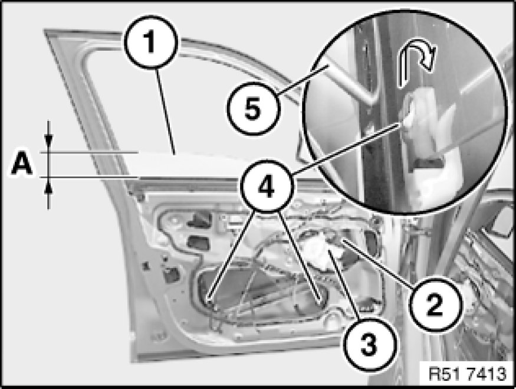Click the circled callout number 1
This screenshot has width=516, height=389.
(x=151, y=42)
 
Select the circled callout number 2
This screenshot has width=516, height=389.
(x=435, y=303)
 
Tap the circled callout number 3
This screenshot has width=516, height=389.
(x=370, y=345)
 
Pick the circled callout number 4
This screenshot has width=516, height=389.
(x=267, y=187)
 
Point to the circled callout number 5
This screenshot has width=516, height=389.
(x=253, y=109)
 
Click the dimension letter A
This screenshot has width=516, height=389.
(x=22, y=165)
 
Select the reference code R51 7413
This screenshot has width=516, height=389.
(x=468, y=374)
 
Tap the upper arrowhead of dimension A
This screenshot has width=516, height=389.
(x=49, y=140)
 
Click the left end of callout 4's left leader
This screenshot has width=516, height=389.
(x=208, y=299)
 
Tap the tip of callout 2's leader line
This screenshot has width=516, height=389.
(x=342, y=241)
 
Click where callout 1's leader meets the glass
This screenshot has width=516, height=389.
(x=175, y=154)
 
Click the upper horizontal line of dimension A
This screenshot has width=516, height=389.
(x=89, y=152)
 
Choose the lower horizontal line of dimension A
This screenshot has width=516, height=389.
(x=90, y=177)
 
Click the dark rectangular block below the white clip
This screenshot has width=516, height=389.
(x=427, y=164)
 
